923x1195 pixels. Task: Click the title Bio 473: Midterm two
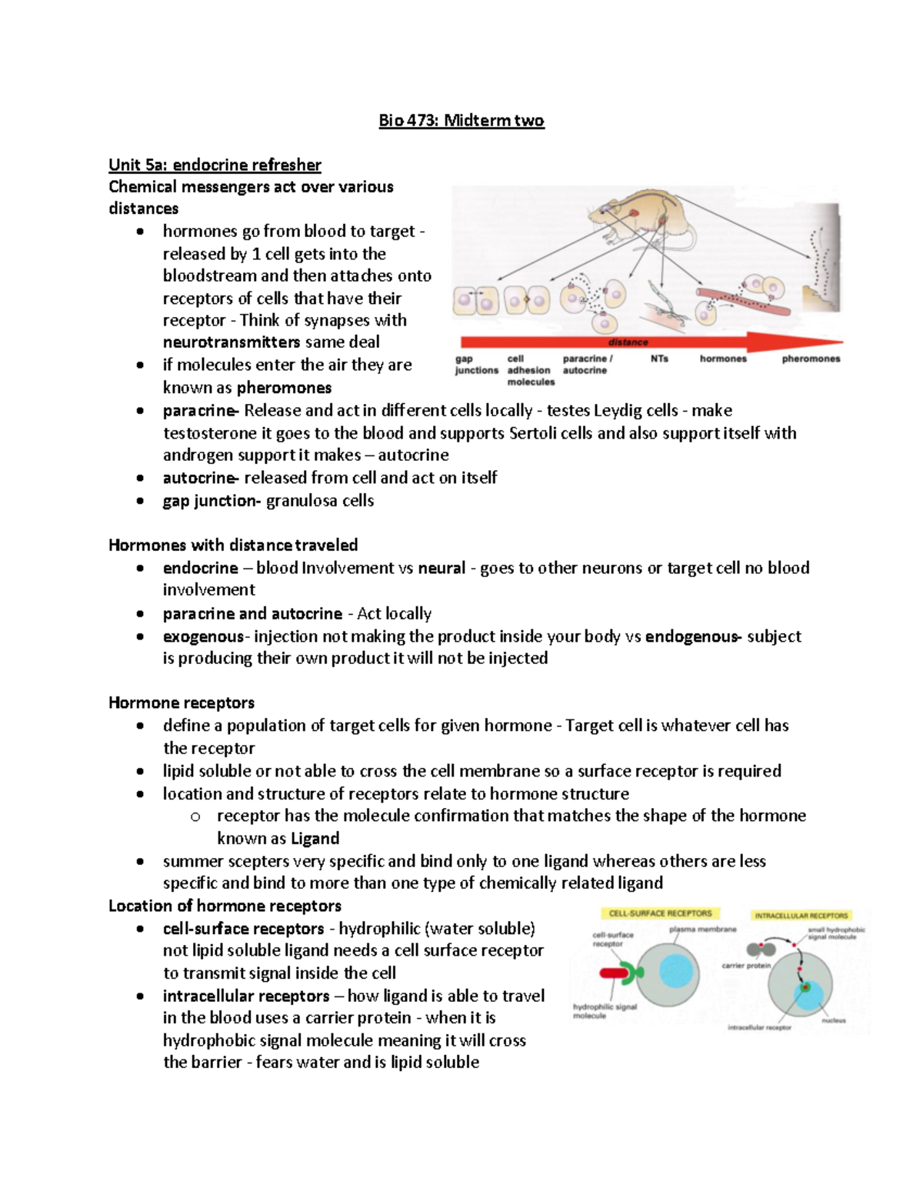coord(461,121)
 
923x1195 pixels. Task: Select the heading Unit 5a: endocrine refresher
coord(215,165)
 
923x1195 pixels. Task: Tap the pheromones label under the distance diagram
coord(811,359)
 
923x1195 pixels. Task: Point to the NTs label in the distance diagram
coord(659,359)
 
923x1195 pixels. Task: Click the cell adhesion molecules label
coord(530,370)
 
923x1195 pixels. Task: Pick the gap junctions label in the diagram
coord(476,365)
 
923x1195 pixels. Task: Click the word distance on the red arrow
coord(628,342)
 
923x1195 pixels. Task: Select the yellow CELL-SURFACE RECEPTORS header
coord(660,913)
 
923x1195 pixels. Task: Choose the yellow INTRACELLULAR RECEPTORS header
coord(801,916)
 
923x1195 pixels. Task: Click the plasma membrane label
coord(702,930)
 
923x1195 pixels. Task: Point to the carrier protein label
coord(745,965)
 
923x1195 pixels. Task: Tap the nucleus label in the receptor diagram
coord(833,1020)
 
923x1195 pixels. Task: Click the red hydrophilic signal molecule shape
coord(615,974)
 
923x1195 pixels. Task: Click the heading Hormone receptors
coord(182,703)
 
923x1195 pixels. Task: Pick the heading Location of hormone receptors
coord(225,906)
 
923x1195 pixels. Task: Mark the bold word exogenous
coord(203,636)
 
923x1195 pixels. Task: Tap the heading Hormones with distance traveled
coord(233,546)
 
